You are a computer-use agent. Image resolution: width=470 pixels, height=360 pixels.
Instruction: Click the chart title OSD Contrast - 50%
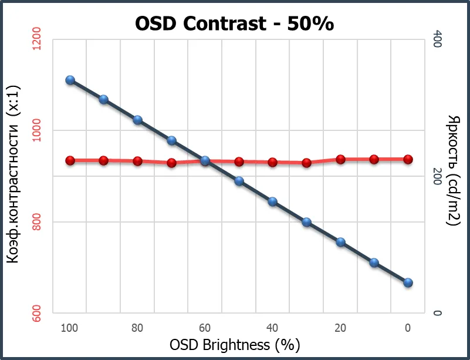click(x=235, y=23)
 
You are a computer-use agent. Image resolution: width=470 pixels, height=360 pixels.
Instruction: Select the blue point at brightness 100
click(x=70, y=80)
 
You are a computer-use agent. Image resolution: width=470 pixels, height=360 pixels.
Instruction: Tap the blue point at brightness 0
click(x=408, y=282)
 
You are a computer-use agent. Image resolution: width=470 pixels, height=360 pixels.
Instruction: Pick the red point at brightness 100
click(x=70, y=160)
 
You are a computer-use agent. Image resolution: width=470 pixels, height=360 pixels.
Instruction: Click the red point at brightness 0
click(x=408, y=159)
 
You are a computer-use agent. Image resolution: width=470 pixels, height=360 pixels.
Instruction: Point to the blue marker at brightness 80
click(x=138, y=120)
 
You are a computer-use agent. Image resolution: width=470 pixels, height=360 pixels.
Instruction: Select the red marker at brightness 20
click(x=340, y=159)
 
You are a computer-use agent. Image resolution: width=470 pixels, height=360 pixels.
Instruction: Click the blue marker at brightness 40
click(x=272, y=201)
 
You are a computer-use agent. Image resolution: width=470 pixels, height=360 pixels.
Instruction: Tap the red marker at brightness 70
click(x=172, y=163)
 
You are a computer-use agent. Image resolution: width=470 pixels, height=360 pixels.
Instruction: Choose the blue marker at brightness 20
click(x=340, y=242)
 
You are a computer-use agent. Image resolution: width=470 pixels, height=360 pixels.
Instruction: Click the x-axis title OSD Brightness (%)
click(x=239, y=345)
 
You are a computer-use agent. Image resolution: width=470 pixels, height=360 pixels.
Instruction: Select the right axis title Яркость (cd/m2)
click(x=454, y=170)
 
